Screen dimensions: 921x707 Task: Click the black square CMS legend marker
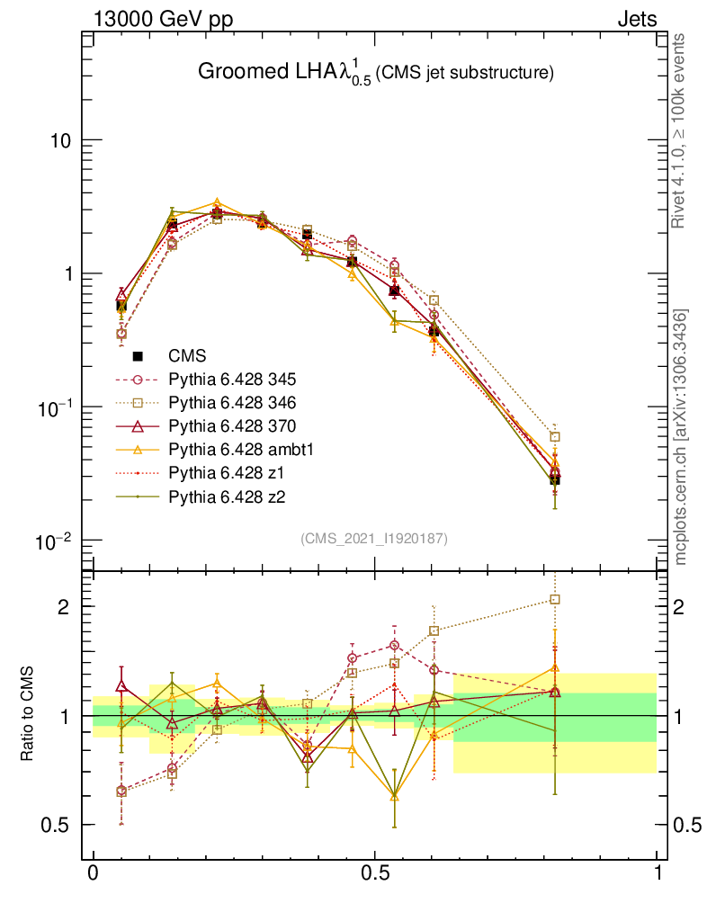[x=139, y=356]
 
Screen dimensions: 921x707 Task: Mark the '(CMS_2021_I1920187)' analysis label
[x=373, y=538]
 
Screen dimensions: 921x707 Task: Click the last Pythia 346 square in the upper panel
[x=556, y=437]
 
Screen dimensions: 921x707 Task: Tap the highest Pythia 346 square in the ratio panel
[x=556, y=599]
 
